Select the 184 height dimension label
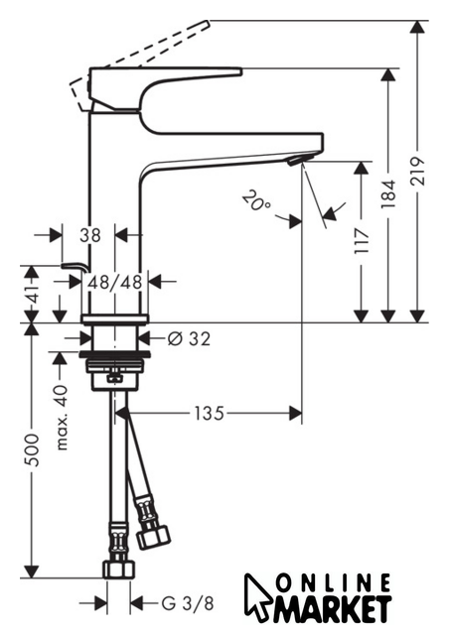click(388, 193)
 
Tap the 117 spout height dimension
click(362, 240)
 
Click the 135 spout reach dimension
click(209, 414)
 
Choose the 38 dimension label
click(89, 235)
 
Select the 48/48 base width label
click(115, 282)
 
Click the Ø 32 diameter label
click(190, 338)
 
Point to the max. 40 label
click(62, 418)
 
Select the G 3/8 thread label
click(188, 604)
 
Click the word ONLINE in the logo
click(333, 583)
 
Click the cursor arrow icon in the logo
click(257, 597)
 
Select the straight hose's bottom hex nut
click(119, 569)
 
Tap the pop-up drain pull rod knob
click(75, 267)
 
